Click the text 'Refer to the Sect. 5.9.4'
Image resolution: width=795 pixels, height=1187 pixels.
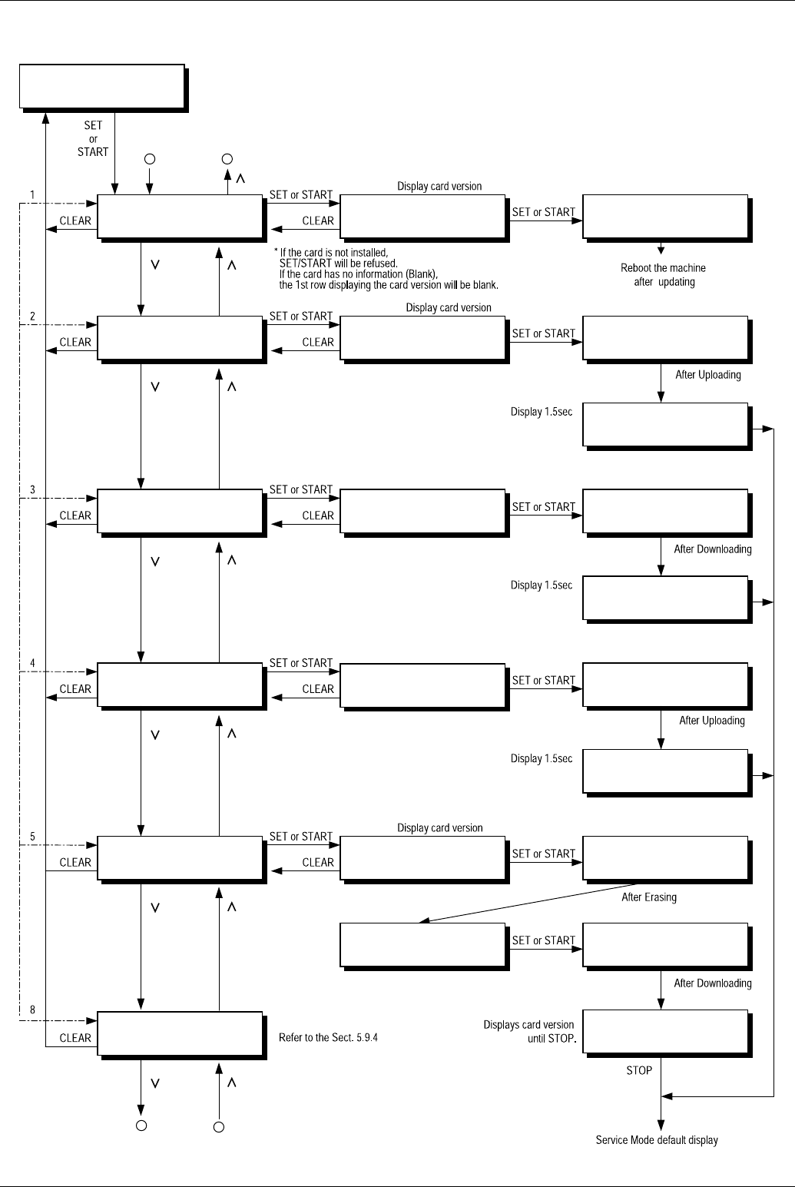(328, 1037)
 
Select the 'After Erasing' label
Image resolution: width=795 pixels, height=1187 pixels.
(648, 897)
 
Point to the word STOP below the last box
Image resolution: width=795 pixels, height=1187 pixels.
(639, 1069)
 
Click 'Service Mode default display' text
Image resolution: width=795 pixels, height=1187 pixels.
(657, 1140)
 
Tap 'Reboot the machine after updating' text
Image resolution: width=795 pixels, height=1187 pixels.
(663, 275)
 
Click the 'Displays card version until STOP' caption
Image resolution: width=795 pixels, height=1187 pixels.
(529, 1031)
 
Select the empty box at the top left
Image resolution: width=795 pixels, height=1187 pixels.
(103, 88)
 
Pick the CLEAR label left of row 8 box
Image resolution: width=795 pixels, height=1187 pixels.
(75, 1037)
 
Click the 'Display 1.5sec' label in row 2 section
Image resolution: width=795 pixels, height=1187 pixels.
(542, 412)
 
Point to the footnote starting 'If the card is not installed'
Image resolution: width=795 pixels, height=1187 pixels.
(387, 268)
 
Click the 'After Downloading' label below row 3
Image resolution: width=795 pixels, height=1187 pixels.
(712, 549)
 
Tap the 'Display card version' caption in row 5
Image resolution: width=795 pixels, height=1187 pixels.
(439, 828)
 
